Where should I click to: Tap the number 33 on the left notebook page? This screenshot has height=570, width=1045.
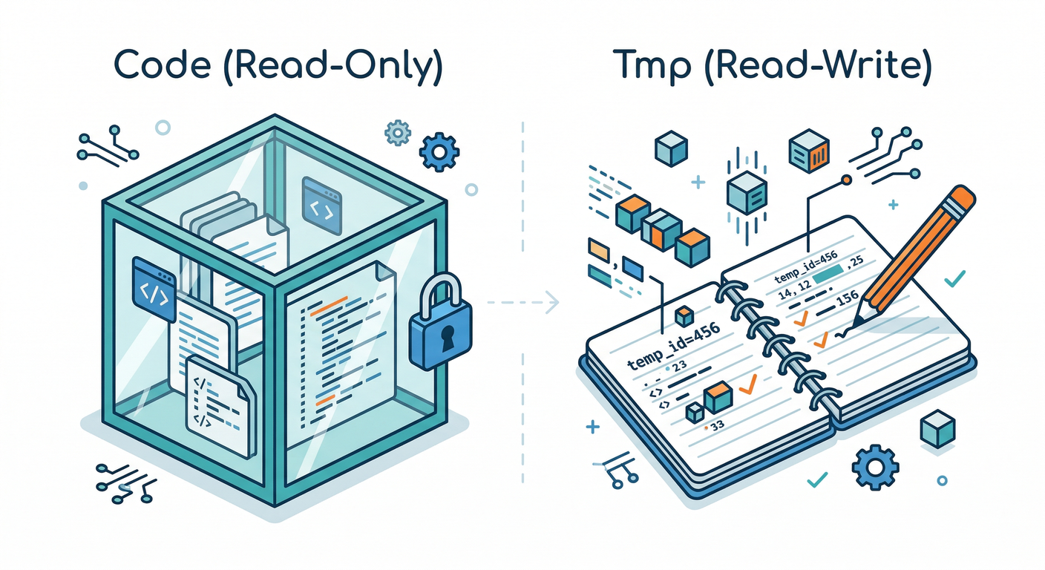pyautogui.click(x=717, y=426)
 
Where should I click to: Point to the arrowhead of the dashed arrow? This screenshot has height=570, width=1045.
pyautogui.click(x=554, y=302)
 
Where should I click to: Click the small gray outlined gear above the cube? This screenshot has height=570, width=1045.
pyautogui.click(x=398, y=134)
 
